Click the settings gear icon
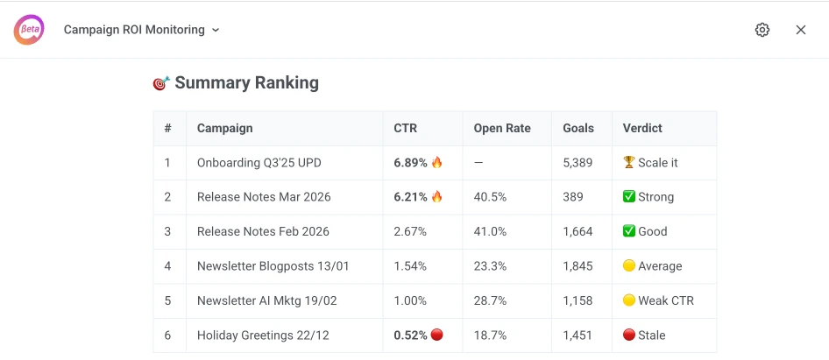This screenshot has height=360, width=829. (762, 30)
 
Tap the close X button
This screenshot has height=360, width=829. (801, 30)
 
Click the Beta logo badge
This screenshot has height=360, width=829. (29, 30)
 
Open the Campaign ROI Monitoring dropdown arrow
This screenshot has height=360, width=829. (216, 30)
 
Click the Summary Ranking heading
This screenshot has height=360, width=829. (246, 83)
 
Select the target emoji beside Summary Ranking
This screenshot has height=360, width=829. (161, 83)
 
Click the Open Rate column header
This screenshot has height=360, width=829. (502, 128)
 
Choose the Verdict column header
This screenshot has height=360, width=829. (642, 128)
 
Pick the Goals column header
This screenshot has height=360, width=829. (578, 128)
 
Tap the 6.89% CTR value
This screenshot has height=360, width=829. (410, 162)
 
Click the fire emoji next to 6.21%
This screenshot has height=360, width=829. (437, 197)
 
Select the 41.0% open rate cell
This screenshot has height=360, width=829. (490, 231)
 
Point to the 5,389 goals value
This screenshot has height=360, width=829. (577, 162)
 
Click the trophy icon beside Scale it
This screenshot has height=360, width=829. (628, 162)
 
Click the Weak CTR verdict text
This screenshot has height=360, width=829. (665, 300)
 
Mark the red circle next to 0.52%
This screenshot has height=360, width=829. (437, 335)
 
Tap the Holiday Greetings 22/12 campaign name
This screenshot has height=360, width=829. (263, 335)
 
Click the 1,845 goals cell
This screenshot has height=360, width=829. (577, 266)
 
